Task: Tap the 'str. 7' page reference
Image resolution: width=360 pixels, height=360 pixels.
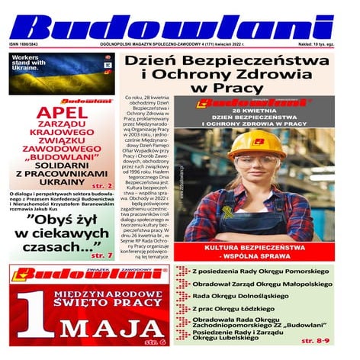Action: pos(101,256)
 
